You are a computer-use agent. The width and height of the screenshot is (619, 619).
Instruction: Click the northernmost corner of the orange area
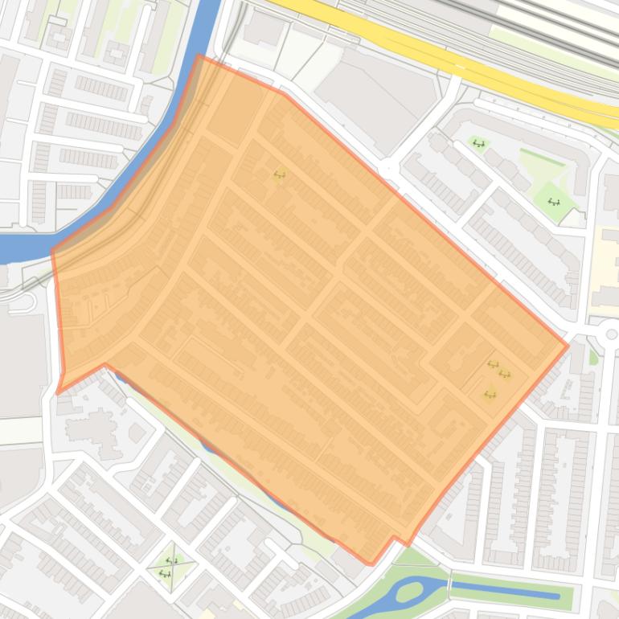click(x=199, y=55)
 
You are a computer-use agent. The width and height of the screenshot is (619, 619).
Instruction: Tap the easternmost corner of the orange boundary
click(x=568, y=346)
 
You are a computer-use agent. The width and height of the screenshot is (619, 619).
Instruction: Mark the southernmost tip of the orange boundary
click(x=371, y=564)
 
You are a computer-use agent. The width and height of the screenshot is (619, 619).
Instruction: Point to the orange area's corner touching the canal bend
click(x=53, y=252)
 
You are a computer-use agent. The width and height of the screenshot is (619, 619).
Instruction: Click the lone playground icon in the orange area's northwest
click(x=280, y=174)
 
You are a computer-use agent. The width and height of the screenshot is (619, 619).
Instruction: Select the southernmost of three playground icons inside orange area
click(x=490, y=394)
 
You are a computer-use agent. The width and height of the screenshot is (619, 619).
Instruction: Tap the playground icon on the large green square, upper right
click(x=553, y=202)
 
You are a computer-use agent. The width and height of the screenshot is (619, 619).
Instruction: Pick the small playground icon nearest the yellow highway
click(x=479, y=144)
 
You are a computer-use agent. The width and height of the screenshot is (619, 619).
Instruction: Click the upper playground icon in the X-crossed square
click(x=171, y=560)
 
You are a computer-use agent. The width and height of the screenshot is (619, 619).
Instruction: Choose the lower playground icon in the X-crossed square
click(x=165, y=573)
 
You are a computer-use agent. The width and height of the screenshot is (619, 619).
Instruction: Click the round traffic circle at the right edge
click(x=610, y=334)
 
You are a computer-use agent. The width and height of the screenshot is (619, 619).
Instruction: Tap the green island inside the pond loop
click(x=408, y=593)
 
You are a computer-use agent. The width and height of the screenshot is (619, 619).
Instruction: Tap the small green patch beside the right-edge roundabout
click(x=594, y=356)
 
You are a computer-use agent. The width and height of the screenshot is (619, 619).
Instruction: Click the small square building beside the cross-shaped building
click(x=137, y=434)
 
